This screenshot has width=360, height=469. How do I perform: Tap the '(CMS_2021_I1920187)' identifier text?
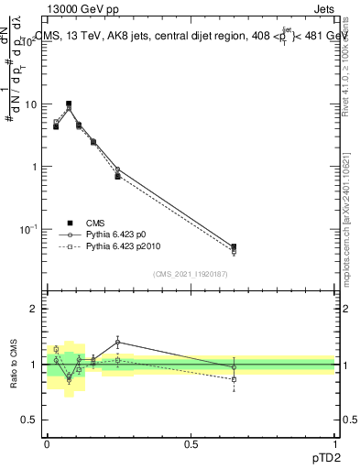[190, 273]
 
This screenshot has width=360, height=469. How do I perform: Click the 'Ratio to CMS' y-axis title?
[15, 365]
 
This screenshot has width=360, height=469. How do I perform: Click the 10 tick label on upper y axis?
[30, 104]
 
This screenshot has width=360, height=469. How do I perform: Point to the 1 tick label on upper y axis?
[33, 167]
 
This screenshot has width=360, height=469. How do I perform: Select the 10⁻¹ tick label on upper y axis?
[28, 228]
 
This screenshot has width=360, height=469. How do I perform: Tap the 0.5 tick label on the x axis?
[191, 444]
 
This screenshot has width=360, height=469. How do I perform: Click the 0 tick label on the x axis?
[46, 444]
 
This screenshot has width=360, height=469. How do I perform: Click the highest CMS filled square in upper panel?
[69, 104]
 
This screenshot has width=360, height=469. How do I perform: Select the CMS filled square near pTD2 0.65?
[234, 247]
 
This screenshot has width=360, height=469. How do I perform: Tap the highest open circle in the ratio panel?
[118, 342]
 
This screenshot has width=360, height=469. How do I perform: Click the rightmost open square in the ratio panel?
[234, 379]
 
